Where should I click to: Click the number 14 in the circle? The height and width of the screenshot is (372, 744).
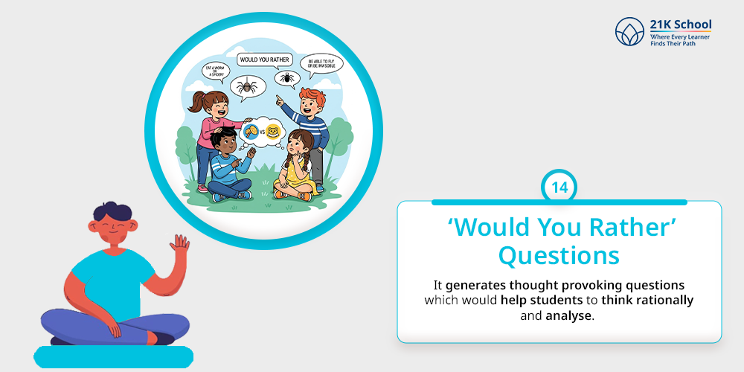559,187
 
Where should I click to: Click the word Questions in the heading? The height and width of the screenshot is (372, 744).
559,254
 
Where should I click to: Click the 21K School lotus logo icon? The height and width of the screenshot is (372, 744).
629,31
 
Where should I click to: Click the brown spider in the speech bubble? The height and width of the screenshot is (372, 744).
246,88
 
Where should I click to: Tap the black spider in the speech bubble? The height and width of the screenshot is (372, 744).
286,77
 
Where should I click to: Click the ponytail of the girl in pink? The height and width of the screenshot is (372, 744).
199,100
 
